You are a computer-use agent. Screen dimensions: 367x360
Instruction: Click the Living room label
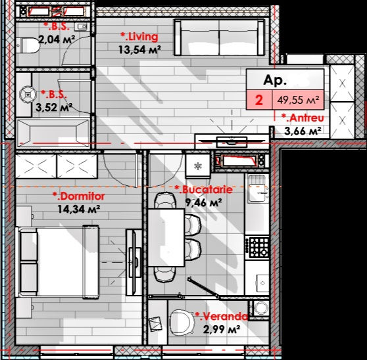139,37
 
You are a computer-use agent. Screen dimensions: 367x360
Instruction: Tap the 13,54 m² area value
139,49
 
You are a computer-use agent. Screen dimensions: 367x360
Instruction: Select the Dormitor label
79,196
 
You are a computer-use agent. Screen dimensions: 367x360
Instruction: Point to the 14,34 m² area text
79,209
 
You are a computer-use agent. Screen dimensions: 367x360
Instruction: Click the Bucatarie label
204,189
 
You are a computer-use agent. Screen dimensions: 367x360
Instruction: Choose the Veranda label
222,317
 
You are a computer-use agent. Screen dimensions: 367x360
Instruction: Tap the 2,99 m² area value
222,329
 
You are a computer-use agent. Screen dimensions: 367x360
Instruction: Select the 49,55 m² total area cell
298,100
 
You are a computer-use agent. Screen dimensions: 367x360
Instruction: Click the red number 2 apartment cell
259,100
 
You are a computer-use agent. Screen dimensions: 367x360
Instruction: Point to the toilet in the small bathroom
28,45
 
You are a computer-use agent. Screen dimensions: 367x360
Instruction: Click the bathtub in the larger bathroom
53,133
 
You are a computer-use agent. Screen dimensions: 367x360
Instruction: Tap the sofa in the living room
220,37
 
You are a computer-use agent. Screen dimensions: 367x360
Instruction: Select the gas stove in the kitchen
258,247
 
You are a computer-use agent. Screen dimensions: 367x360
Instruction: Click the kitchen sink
258,189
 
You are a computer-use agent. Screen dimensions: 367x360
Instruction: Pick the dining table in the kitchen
166,238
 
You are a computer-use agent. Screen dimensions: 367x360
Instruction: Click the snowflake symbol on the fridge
198,166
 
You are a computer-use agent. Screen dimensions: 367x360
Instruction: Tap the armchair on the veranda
182,322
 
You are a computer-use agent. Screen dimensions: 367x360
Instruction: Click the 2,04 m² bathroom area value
57,39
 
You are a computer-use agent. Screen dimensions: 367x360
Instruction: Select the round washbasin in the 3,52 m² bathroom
28,95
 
